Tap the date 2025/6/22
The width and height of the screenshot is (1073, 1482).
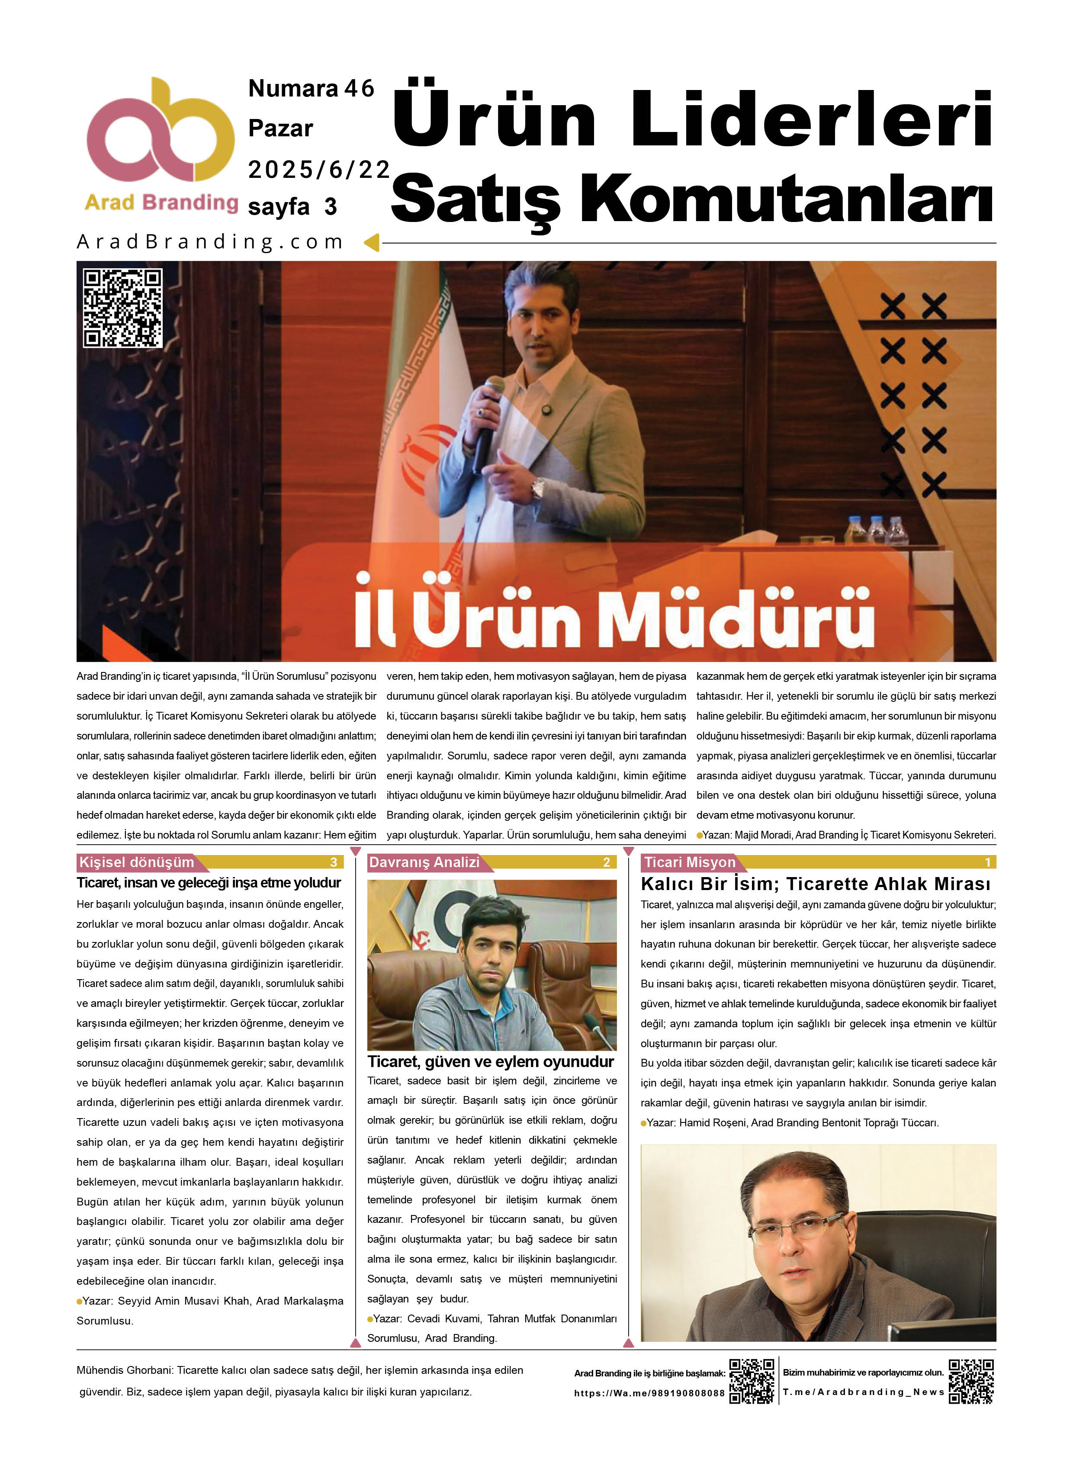[x=318, y=170]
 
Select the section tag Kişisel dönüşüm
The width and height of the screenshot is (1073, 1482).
[x=137, y=862]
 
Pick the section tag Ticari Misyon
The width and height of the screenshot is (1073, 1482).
[x=689, y=862]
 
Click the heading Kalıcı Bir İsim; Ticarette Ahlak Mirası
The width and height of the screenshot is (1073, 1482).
[x=815, y=884]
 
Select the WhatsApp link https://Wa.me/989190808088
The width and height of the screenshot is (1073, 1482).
[x=649, y=1393]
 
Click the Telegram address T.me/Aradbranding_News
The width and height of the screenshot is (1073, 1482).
[x=863, y=1392]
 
